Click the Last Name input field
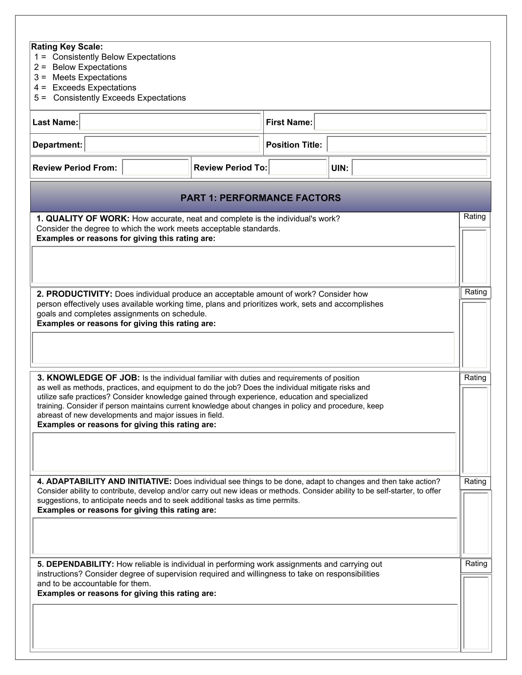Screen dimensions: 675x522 click(x=170, y=122)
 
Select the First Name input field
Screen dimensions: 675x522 click(x=400, y=122)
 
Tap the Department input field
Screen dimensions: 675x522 click(x=172, y=144)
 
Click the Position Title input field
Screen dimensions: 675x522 click(x=407, y=144)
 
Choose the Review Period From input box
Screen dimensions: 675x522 click(x=155, y=167)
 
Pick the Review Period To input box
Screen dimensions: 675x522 click(x=298, y=167)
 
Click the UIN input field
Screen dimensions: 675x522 click(x=419, y=168)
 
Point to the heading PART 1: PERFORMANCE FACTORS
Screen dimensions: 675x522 click(x=260, y=198)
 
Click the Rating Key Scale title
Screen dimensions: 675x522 click(x=67, y=47)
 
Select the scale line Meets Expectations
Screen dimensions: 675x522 click(x=89, y=77)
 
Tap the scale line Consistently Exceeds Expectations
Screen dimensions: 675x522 click(x=119, y=98)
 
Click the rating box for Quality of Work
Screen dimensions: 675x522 click(x=474, y=256)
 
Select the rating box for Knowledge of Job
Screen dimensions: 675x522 click(x=475, y=430)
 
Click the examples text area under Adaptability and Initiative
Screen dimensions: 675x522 click(x=245, y=536)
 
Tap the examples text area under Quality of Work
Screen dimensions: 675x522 click(x=243, y=264)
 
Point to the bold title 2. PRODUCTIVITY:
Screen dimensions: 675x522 click(x=74, y=294)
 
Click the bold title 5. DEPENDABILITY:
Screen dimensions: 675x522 click(x=76, y=564)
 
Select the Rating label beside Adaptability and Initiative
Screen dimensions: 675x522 click(x=475, y=481)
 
